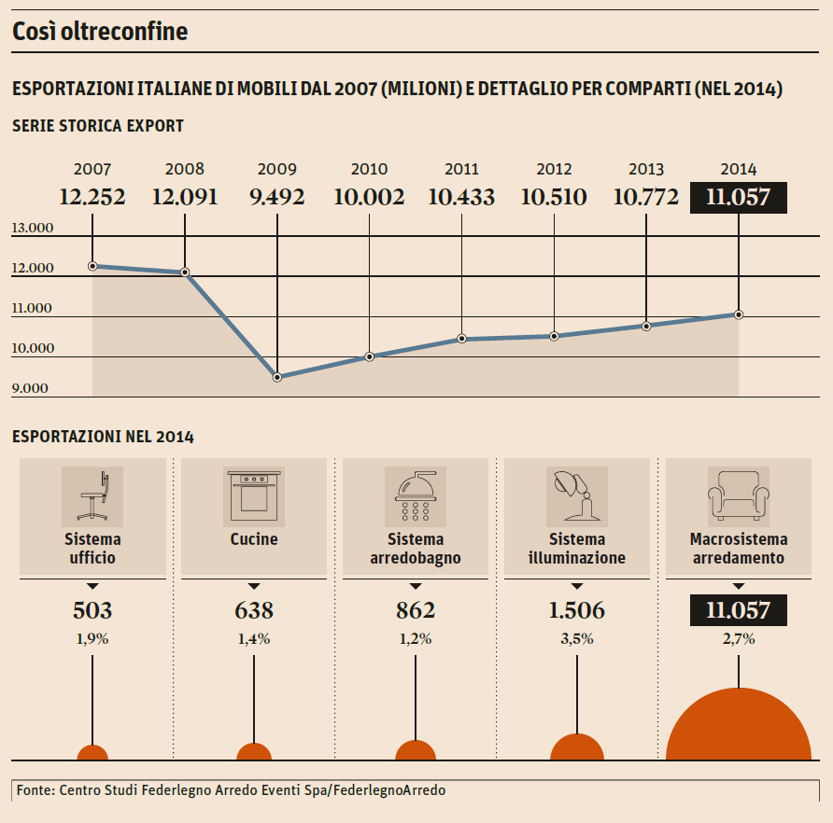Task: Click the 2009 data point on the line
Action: (277, 377)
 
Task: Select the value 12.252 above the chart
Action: (92, 197)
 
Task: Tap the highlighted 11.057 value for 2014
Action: (738, 197)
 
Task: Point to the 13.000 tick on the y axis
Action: (34, 229)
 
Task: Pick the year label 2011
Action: (461, 170)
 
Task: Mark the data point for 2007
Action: (92, 266)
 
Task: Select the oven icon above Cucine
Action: (253, 495)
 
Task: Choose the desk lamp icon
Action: (576, 495)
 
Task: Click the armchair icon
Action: (738, 495)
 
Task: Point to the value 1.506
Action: (576, 610)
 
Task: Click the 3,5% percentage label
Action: (576, 639)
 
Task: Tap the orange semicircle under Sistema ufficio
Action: (92, 753)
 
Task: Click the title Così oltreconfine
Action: (100, 32)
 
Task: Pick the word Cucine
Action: (253, 539)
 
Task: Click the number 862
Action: (415, 610)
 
